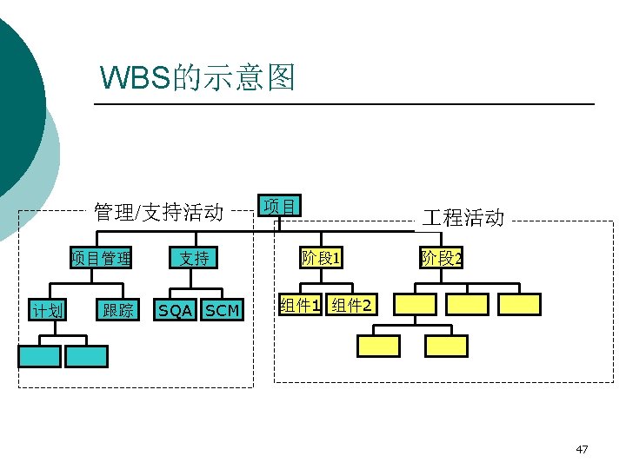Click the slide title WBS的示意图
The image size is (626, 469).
[x=198, y=78]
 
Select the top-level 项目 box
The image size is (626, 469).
[x=279, y=206]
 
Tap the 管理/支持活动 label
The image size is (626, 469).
[x=158, y=212]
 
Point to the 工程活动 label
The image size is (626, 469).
[x=463, y=217]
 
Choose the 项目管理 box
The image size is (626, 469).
[x=102, y=258]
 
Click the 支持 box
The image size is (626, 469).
[x=194, y=258]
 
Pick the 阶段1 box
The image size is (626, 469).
[x=321, y=258]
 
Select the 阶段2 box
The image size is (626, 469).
[x=442, y=258]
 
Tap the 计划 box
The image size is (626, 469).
[x=47, y=309]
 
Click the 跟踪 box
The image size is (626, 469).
[x=117, y=309]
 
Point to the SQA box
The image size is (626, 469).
[x=175, y=310]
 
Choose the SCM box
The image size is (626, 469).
[x=222, y=310]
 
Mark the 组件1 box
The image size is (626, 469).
[x=300, y=305]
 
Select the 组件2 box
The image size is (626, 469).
[x=353, y=305]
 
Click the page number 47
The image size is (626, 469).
[x=582, y=449]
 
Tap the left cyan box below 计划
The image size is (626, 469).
[x=40, y=356]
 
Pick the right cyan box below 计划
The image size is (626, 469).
[x=86, y=356]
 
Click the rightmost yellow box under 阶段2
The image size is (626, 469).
[x=520, y=304]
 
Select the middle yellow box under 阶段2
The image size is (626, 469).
[x=467, y=304]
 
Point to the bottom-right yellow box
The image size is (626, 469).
[x=446, y=346]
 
